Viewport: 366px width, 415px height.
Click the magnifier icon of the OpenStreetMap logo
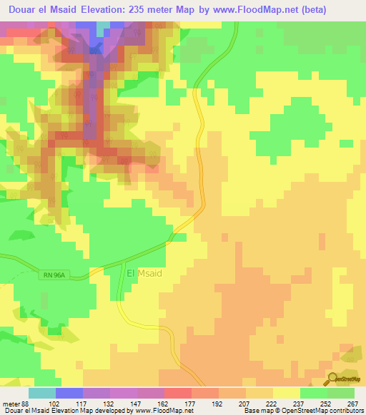(x=332, y=379)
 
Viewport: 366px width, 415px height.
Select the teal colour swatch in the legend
(x=41, y=393)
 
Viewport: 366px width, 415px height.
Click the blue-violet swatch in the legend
(x=69, y=393)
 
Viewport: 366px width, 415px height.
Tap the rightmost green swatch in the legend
(x=340, y=393)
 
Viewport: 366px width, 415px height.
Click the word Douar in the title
(x=24, y=10)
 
